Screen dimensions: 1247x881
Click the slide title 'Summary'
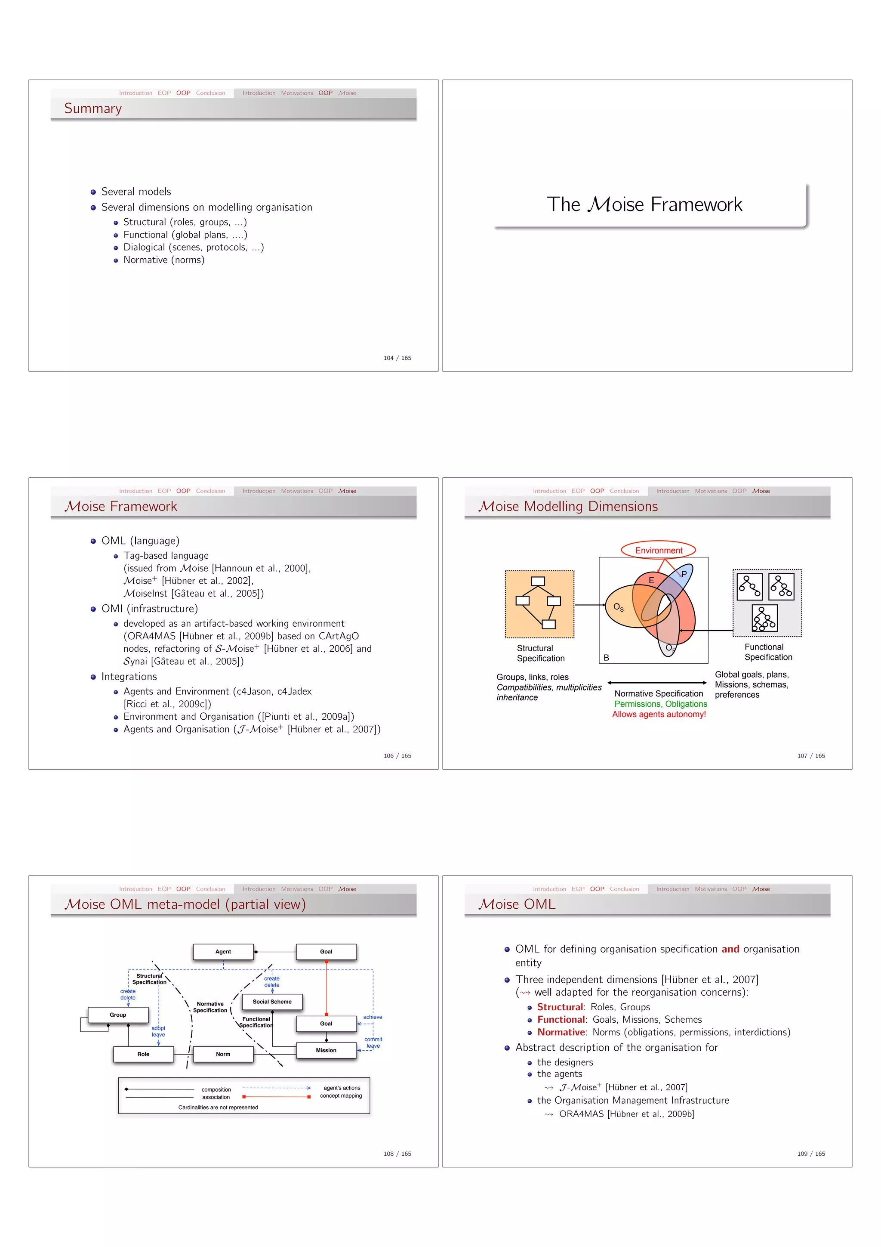coord(93,108)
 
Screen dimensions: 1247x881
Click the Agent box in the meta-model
coord(223,952)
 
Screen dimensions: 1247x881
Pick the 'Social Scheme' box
coord(272,1002)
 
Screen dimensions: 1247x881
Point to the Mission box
coord(326,1050)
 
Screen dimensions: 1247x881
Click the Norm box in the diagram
coord(223,1054)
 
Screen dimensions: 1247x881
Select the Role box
coord(143,1054)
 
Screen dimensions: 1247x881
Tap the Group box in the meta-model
coord(118,1015)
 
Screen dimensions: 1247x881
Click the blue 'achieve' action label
coord(373,1017)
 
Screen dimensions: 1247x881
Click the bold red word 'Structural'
coord(560,1007)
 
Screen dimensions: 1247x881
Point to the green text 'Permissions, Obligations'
coord(661,704)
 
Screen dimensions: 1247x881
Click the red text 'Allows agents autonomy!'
coord(659,714)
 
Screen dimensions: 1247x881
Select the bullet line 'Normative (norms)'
coord(163,260)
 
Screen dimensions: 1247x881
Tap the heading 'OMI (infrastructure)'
coord(149,609)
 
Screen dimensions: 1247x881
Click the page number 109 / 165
coord(811,1154)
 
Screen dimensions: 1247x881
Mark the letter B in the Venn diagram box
coord(606,658)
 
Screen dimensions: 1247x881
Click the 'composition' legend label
coord(216,1089)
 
